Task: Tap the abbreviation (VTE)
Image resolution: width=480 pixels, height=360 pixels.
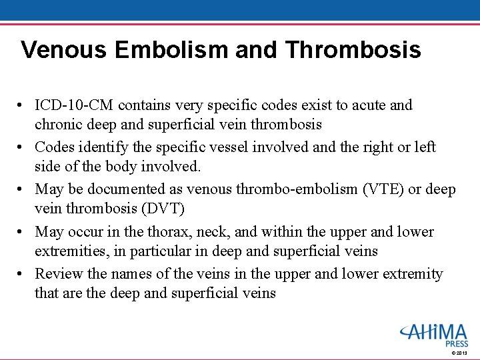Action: click(x=381, y=189)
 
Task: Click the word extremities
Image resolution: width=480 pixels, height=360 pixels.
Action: click(x=69, y=251)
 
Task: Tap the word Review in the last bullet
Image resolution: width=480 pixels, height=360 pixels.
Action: click(x=57, y=274)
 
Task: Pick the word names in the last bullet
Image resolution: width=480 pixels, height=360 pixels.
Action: click(x=133, y=274)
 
